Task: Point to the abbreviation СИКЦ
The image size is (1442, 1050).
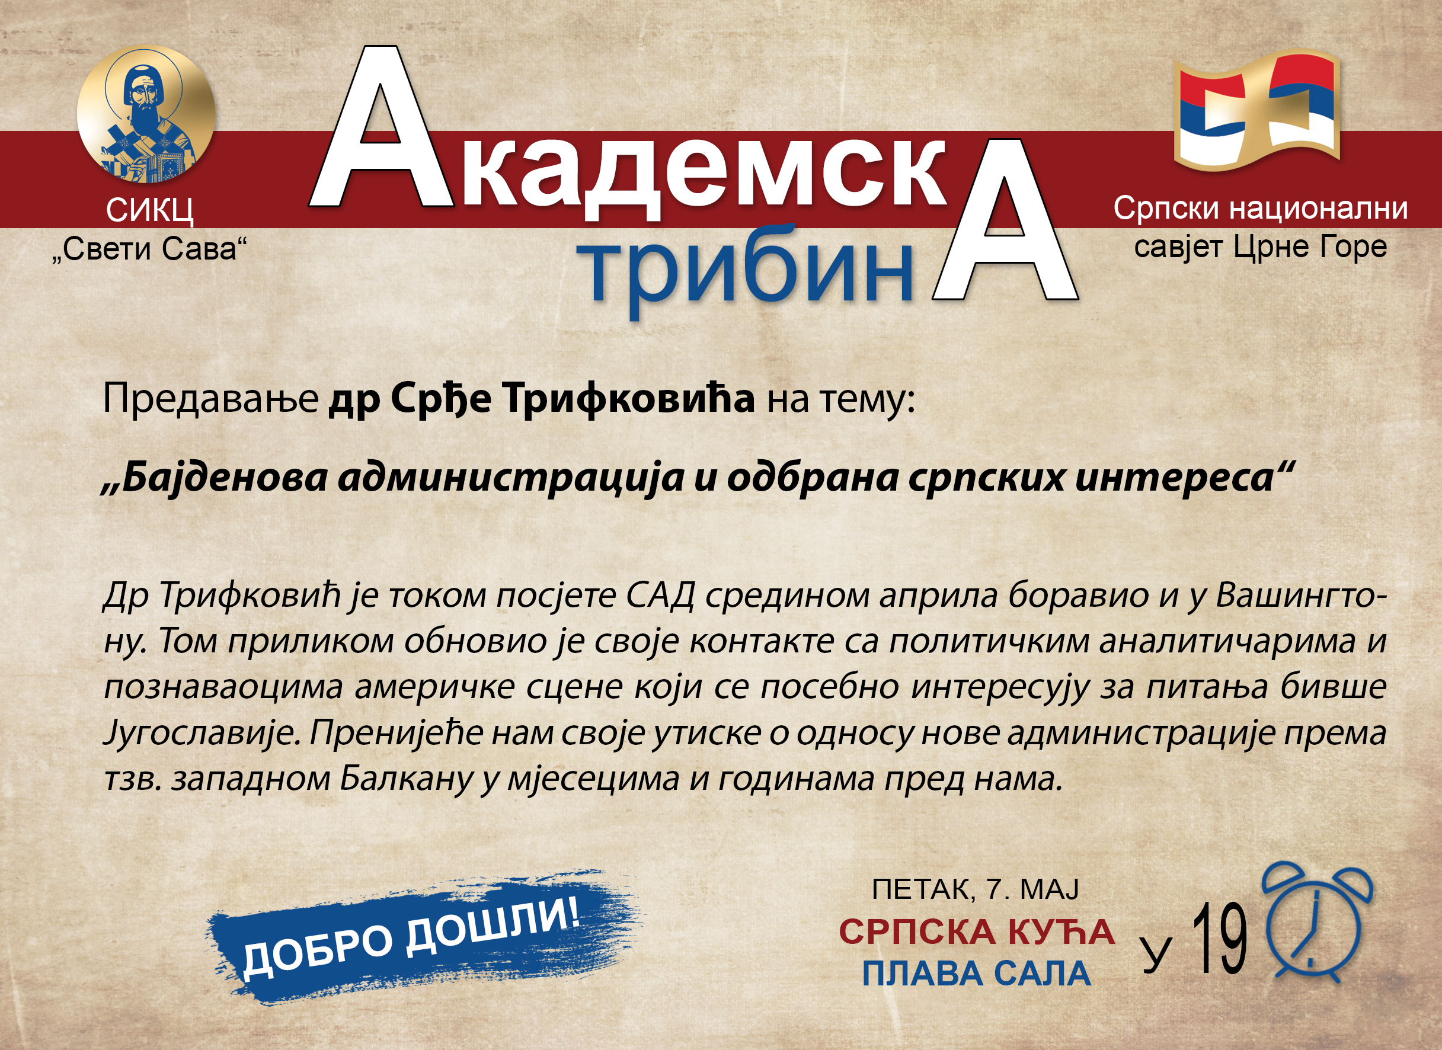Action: tap(149, 210)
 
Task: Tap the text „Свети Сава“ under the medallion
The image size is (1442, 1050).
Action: tap(149, 248)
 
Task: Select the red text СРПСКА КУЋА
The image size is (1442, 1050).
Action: tap(977, 931)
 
